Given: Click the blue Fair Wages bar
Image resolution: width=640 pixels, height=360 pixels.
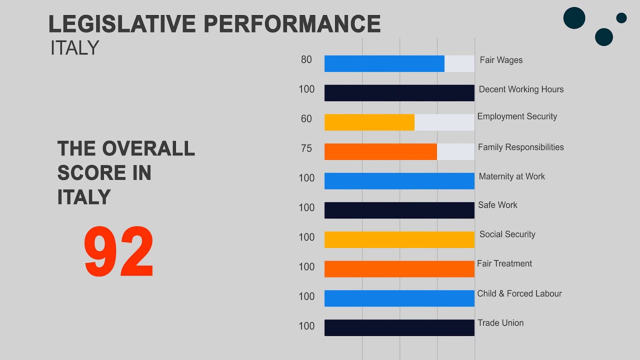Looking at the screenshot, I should coord(384,63).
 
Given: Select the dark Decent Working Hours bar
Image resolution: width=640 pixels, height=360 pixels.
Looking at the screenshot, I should coord(399,93).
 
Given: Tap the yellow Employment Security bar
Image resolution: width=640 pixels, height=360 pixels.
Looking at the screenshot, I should coord(369,122).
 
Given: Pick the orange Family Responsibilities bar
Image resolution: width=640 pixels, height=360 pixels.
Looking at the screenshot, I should coord(380,151).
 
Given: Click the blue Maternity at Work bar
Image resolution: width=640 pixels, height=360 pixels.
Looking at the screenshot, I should coord(399,181).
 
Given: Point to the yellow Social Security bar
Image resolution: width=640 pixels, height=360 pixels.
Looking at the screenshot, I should coord(399,239).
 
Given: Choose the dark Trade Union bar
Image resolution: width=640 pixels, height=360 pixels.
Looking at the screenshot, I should coord(399,327).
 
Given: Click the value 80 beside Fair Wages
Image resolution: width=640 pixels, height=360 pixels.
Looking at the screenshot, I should coord(306,60).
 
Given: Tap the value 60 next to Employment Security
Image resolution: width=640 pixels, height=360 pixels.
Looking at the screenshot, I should coord(306,119).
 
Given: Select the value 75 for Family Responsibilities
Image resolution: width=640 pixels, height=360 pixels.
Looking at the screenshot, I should coord(306,148).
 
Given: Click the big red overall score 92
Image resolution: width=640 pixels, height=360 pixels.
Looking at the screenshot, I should coord(119,252).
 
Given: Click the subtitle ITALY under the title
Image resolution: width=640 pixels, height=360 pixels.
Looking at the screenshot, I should coord(75,48).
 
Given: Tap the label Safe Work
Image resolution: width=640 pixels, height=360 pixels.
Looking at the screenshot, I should coord(497,205).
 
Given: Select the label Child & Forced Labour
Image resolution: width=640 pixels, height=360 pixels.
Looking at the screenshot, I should coord(519,293).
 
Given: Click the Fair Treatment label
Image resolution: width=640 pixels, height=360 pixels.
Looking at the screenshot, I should coord(504,263).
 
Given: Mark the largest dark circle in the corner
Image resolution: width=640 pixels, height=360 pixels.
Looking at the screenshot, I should coord(574,18).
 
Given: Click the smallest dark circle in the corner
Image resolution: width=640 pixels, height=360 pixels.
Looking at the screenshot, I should coord(621,18).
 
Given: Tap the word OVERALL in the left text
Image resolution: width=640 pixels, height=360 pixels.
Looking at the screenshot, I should coord(148,149).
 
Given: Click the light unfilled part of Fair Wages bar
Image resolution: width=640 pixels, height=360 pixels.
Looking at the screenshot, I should coord(459,63).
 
